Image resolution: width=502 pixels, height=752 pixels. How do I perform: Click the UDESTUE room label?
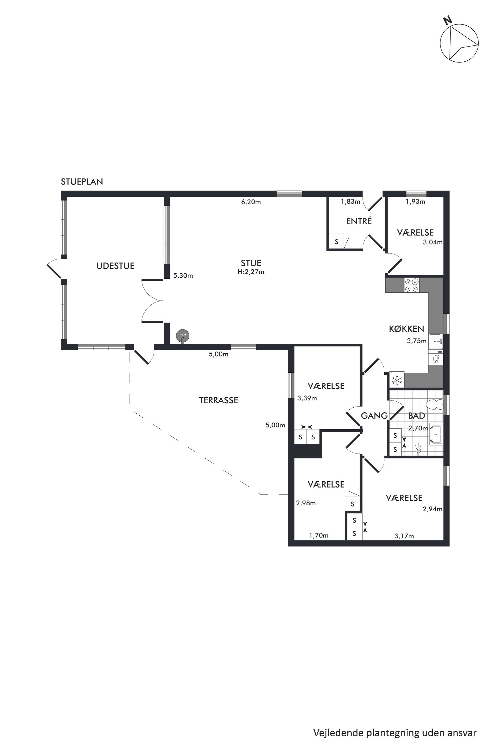[x=115, y=266]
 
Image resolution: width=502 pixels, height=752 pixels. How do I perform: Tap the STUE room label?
[x=251, y=263]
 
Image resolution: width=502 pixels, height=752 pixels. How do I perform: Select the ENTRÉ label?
[x=359, y=221]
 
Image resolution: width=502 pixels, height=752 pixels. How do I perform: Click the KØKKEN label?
[x=406, y=329]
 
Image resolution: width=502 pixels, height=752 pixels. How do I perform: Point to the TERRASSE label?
[x=218, y=400]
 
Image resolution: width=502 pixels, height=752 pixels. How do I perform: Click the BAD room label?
[x=416, y=416]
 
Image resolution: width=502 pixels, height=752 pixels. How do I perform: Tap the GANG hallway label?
[x=374, y=416]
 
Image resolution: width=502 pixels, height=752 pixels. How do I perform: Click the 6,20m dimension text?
[x=251, y=202]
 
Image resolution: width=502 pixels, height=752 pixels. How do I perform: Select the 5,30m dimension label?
[x=183, y=276]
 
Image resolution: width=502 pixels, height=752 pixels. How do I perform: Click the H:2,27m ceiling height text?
[x=251, y=272]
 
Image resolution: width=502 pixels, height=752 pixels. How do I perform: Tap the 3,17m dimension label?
[x=404, y=536]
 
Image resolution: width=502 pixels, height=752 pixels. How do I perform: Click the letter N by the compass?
[x=448, y=21]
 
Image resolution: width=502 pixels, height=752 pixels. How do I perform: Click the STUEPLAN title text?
[x=82, y=182]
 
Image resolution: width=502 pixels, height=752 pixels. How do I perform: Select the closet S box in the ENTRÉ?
[x=337, y=242]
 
